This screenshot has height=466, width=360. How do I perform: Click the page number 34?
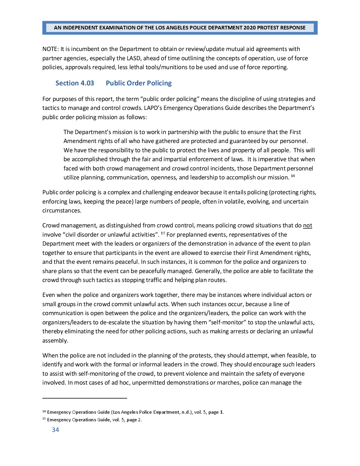click(55, 430)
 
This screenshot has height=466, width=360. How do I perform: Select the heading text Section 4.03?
click(74, 83)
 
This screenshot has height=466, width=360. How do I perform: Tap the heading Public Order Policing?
click(139, 83)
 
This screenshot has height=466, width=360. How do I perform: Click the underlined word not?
click(307, 225)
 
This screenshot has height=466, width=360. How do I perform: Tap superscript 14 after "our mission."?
click(293, 176)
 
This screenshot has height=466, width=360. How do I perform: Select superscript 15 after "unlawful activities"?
click(163, 233)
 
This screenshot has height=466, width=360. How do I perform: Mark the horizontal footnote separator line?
click(85, 398)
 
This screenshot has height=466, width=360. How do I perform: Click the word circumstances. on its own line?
click(62, 210)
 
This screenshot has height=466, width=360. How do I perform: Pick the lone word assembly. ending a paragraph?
click(55, 341)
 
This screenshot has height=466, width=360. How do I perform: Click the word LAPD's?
click(153, 108)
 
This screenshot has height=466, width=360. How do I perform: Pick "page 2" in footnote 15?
click(134, 420)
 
